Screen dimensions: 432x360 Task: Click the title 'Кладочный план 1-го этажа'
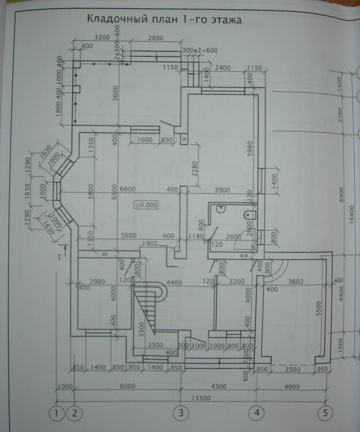pyautogui.click(x=164, y=19)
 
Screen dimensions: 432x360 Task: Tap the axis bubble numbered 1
pyautogui.click(x=56, y=413)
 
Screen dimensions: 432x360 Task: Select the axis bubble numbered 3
pyautogui.click(x=181, y=413)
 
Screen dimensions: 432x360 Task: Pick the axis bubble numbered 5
pyautogui.click(x=326, y=413)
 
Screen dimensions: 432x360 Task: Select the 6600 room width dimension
pyautogui.click(x=131, y=190)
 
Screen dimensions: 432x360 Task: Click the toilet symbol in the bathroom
pyautogui.click(x=249, y=214)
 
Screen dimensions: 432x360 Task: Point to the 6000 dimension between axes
pyautogui.click(x=127, y=385)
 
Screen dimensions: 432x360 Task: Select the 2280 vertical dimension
pyautogui.click(x=195, y=168)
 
